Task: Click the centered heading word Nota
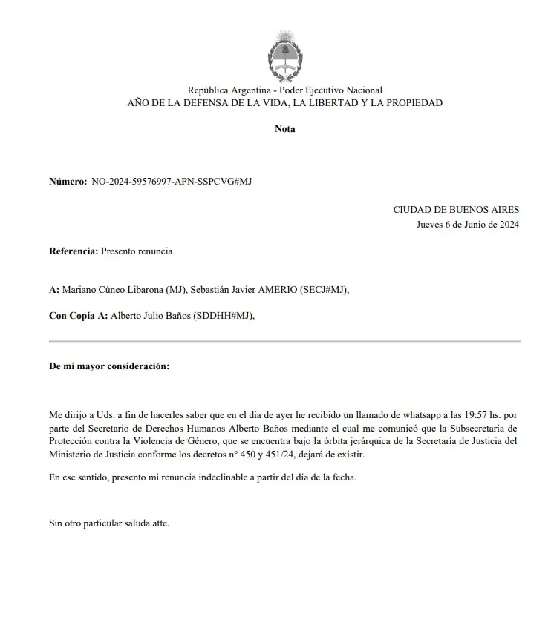[284, 129]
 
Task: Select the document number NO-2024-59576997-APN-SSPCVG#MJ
[171, 181]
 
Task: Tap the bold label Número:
[68, 181]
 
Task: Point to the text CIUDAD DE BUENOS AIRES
[456, 210]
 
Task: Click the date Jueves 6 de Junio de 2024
[468, 225]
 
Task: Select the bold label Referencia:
[74, 251]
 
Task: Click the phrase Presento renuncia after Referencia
[137, 251]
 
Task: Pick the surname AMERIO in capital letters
[275, 290]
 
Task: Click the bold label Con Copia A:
[78, 316]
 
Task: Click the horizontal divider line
[284, 341]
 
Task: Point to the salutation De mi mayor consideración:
[108, 366]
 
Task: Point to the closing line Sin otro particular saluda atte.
[109, 523]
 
